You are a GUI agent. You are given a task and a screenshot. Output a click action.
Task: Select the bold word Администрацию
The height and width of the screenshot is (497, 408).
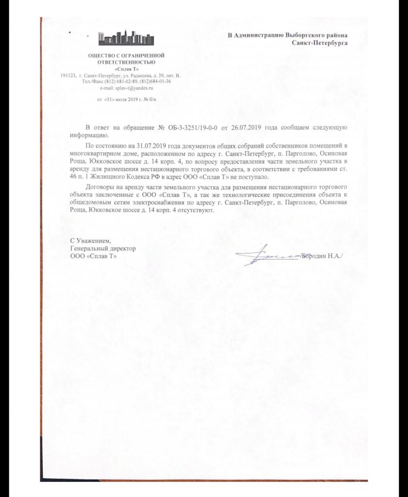pos(258,35)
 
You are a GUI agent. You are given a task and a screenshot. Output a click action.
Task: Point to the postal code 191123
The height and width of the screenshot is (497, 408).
pos(68,76)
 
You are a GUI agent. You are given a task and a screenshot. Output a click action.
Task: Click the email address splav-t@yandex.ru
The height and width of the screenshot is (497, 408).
pos(127,88)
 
